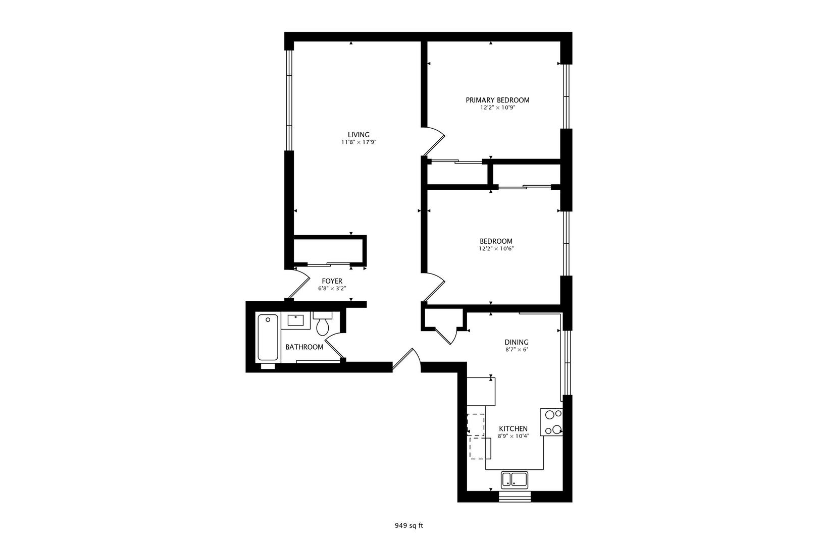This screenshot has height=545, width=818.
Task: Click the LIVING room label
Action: click(359, 135)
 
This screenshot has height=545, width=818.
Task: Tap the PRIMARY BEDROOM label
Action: click(497, 100)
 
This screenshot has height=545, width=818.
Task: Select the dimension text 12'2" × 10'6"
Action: click(496, 249)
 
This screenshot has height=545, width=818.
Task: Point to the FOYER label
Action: click(332, 281)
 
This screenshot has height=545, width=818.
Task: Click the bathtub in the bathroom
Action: click(268, 338)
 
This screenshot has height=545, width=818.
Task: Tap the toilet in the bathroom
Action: click(323, 323)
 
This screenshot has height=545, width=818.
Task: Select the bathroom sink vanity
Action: click(295, 320)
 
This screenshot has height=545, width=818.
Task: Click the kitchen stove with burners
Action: click(551, 422)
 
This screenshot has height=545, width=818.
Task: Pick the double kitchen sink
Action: click(514, 480)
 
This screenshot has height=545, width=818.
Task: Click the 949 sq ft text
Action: click(408, 526)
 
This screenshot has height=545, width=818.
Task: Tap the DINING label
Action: click(517, 343)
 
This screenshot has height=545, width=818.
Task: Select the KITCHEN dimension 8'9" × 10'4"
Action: click(514, 436)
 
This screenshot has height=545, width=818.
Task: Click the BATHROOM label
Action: click(304, 347)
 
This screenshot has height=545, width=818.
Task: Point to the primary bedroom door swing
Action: click(434, 141)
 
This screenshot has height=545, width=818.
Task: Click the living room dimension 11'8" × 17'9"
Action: click(359, 142)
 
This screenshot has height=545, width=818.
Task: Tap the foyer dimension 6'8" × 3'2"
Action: click(332, 288)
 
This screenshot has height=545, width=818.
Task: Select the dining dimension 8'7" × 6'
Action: click(517, 350)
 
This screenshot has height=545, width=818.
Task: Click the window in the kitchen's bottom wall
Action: click(515, 497)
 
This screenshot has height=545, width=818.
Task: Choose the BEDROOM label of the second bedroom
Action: click(496, 241)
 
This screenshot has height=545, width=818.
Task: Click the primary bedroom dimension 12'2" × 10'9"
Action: click(497, 107)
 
